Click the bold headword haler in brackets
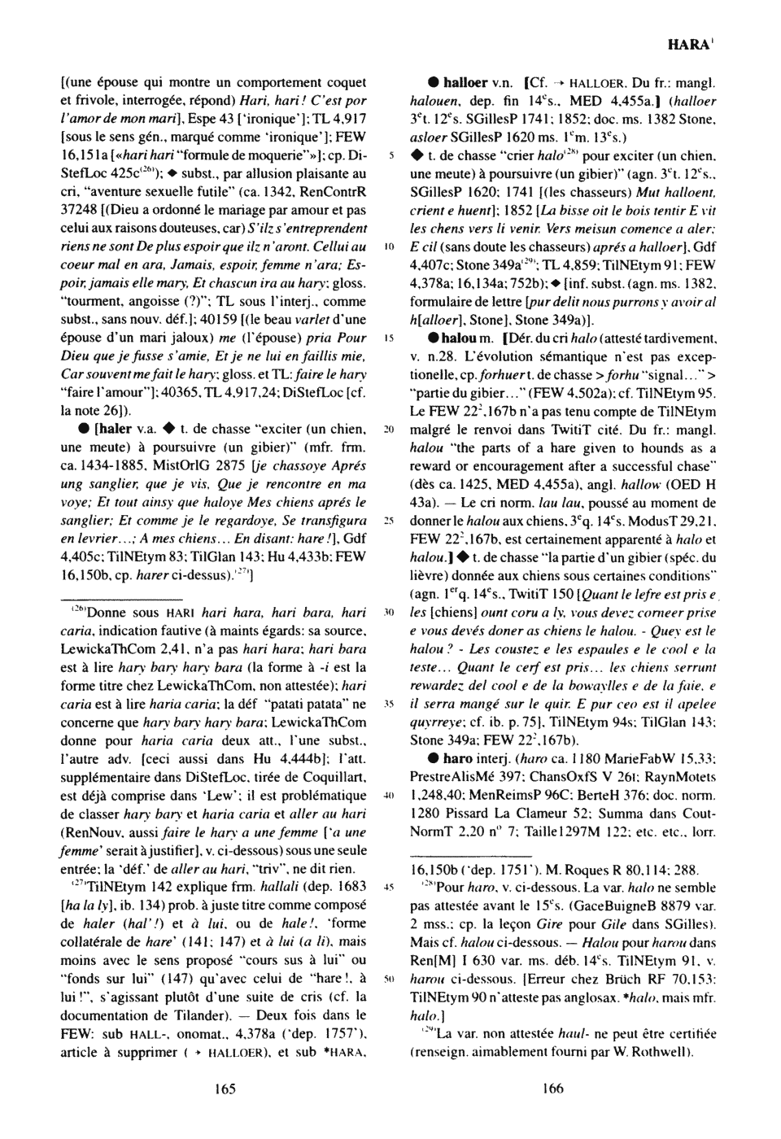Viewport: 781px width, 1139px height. pyautogui.click(x=114, y=427)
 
